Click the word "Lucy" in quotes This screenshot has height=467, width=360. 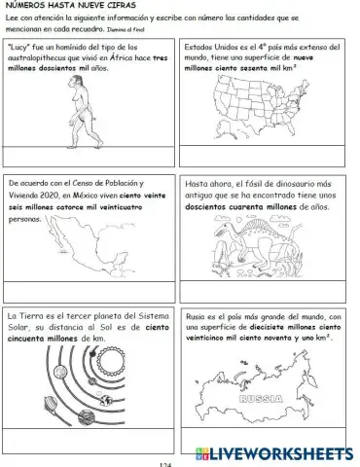[22, 47]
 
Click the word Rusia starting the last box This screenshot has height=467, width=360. [196, 317]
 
